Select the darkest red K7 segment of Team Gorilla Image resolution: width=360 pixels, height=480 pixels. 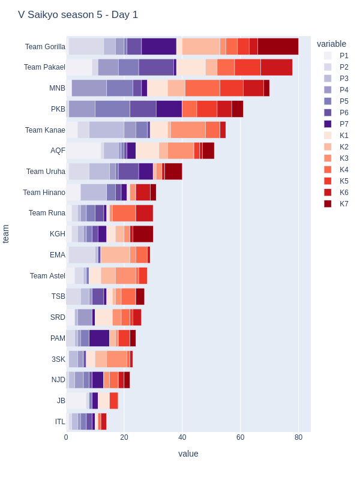(278, 47)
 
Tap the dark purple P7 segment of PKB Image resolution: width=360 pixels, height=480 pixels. (169, 109)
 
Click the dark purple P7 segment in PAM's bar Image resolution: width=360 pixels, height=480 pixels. (100, 338)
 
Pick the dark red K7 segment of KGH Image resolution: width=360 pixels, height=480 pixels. (143, 234)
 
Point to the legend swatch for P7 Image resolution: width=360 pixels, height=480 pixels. (328, 124)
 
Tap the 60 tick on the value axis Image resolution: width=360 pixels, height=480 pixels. (241, 437)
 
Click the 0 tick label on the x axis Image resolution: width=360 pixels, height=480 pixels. (66, 437)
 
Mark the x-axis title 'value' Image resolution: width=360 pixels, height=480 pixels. (188, 454)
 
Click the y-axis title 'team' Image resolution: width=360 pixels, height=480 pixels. (5, 234)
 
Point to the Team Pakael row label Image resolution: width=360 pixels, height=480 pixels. (44, 67)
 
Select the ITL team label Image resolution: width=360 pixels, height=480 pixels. (60, 422)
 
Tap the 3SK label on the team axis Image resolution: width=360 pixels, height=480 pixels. (58, 359)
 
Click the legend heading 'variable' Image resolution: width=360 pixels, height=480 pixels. (332, 44)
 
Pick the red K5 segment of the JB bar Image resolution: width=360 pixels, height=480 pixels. (114, 400)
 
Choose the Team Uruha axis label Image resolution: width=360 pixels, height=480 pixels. (46, 172)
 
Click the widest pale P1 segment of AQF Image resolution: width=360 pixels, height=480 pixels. (83, 151)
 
